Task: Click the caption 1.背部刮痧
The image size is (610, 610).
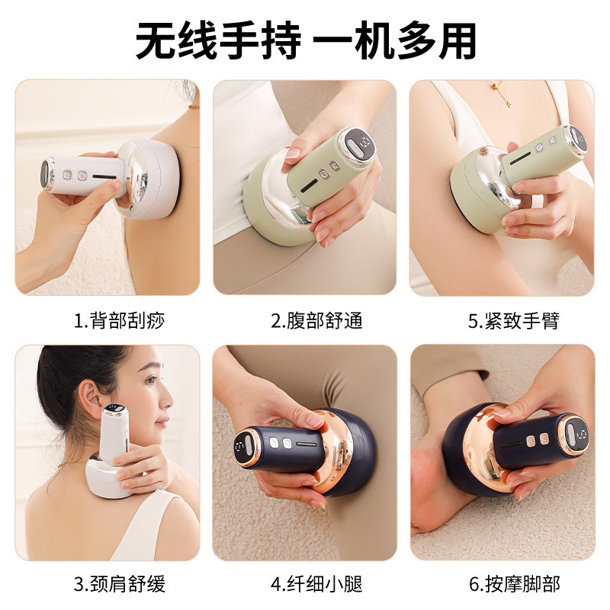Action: pos(120,321)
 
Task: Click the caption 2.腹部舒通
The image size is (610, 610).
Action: pos(316,321)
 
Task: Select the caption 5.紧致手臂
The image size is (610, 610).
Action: pos(513,321)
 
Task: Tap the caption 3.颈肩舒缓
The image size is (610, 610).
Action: pos(120,584)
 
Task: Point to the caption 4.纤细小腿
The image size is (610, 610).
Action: pos(316,584)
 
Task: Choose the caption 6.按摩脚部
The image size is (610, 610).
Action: pos(514,584)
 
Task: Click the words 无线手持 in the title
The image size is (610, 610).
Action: pos(218,40)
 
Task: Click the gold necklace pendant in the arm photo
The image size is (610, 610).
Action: pos(509,103)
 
